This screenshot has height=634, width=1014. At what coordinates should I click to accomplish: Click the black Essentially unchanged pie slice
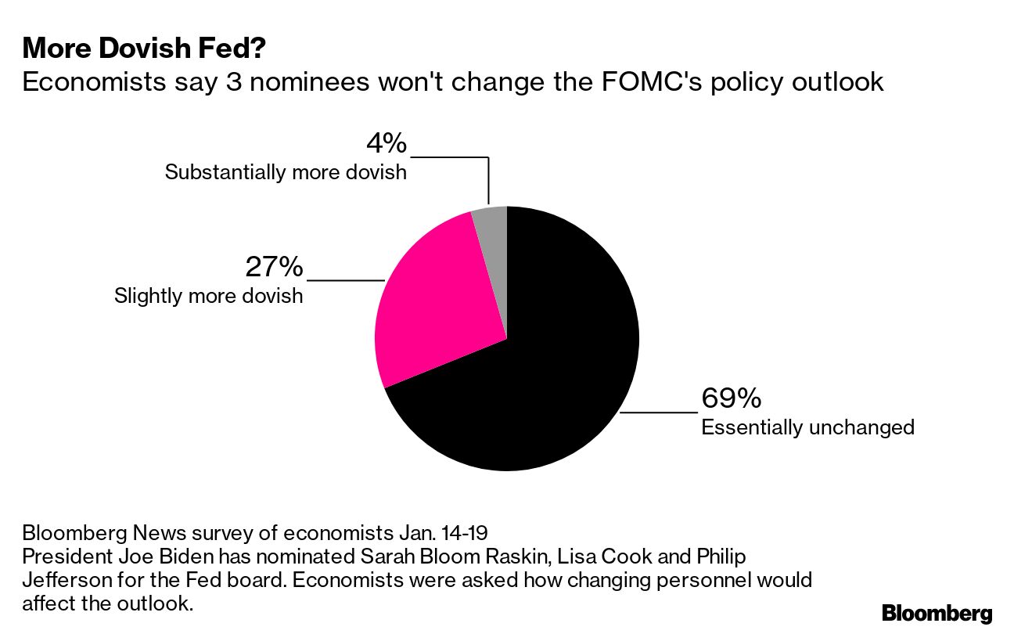tap(548, 376)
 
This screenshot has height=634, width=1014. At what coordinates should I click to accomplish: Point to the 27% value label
tap(274, 267)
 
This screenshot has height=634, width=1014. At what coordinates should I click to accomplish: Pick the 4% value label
tap(387, 143)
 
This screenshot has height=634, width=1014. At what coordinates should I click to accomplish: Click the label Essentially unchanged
tap(807, 427)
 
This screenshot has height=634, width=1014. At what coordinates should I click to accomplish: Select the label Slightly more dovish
tap(208, 297)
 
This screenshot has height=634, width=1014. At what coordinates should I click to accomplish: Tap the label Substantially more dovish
tap(286, 172)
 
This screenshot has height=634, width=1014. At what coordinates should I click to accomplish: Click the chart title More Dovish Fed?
tap(144, 49)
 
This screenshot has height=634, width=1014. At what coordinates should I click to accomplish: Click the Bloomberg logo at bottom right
tap(937, 613)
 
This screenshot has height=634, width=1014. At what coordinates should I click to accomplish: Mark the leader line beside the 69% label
tap(657, 411)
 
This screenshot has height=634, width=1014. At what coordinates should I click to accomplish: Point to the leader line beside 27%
tap(346, 279)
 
